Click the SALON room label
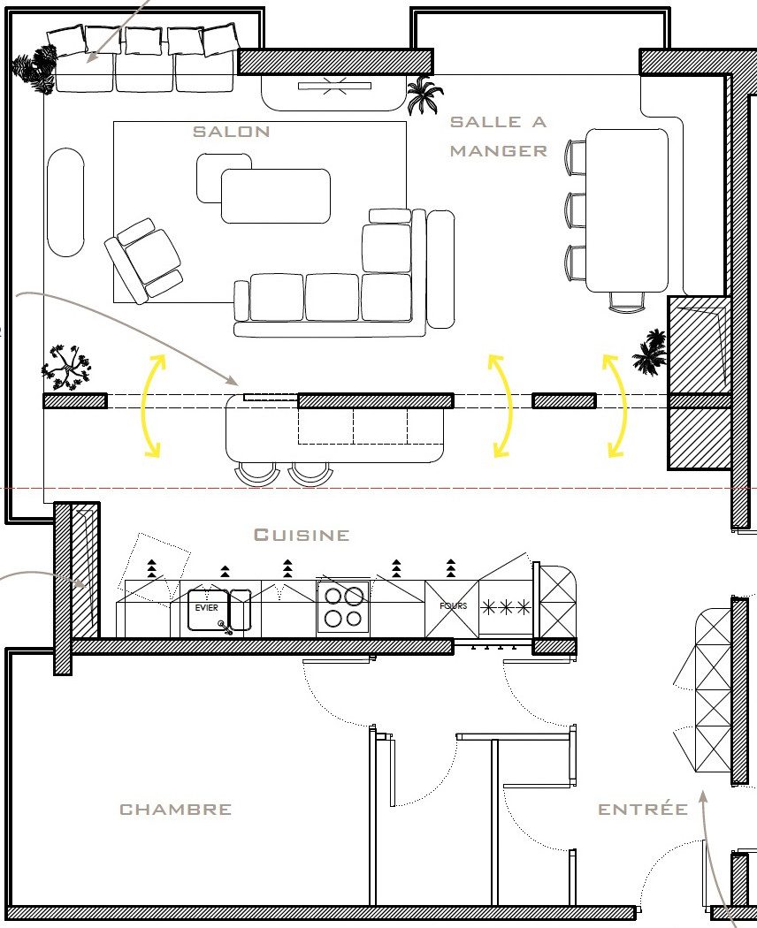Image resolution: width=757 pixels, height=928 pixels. (232, 132)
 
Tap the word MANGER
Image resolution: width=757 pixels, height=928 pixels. (498, 151)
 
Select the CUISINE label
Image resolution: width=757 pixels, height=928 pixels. (302, 535)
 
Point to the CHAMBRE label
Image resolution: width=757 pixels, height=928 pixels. (175, 809)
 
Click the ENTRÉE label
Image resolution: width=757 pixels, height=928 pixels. (643, 808)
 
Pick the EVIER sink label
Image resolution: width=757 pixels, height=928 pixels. (206, 608)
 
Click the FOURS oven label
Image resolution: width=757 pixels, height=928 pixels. (453, 605)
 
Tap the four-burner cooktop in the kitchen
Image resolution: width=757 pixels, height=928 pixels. (343, 608)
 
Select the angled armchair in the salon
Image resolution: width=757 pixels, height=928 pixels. (143, 261)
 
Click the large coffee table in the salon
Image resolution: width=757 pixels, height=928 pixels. (275, 196)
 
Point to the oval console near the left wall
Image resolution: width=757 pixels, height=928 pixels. (65, 202)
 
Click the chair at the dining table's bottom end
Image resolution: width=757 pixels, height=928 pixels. (627, 302)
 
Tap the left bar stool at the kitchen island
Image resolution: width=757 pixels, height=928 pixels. (257, 473)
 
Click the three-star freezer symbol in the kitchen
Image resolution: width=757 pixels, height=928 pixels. (505, 607)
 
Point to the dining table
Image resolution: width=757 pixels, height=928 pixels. (627, 210)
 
